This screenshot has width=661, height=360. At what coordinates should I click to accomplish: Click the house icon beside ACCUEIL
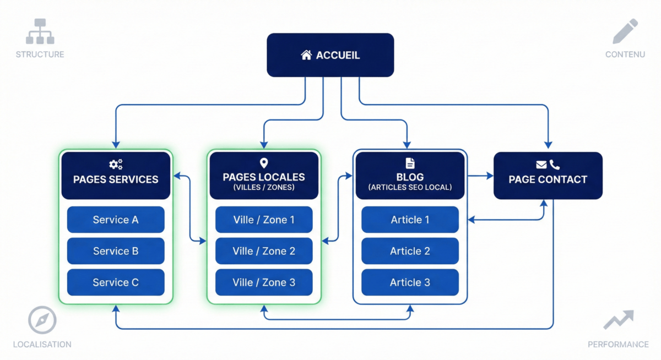306,55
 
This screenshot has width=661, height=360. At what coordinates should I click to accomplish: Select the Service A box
116,220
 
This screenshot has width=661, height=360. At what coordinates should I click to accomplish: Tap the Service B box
116,251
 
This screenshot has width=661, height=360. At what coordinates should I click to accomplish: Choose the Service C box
116,282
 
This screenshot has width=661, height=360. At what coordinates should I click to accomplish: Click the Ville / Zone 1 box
264,220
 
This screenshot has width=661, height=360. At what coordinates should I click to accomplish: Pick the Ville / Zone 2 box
264,251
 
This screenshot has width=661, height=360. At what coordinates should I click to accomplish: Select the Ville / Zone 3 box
264,282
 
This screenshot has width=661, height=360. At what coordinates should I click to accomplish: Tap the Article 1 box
410,220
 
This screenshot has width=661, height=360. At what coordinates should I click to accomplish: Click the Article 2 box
410,251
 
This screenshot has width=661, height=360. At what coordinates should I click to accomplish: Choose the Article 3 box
410,282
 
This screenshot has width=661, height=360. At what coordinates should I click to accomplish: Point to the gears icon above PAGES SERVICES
116,163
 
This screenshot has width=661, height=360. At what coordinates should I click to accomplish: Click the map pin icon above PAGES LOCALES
264,163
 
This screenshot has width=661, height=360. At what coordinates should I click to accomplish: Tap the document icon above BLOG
410,163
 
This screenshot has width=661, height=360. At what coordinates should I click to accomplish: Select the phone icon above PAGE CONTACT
555,164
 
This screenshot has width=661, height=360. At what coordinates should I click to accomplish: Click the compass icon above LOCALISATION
42,320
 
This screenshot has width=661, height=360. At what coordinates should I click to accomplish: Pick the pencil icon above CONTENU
625,31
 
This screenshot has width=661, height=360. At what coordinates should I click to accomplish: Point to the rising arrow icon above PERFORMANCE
618,320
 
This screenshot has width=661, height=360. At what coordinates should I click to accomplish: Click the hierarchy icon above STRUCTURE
40,31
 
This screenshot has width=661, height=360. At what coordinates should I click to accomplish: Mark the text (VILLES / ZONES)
264,187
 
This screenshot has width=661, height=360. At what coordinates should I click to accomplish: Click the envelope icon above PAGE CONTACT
541,164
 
